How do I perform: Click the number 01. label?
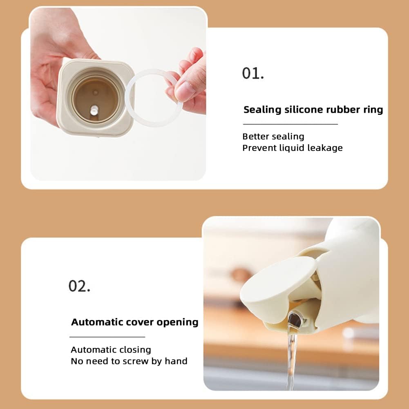tap(253, 73)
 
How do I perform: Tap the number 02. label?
tap(79, 286)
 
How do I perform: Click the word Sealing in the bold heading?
tap(262, 110)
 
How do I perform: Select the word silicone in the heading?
tap(304, 110)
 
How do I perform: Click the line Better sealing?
tap(273, 136)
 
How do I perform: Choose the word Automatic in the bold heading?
tap(98, 322)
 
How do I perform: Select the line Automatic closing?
tap(111, 350)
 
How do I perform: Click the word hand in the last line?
tap(176, 361)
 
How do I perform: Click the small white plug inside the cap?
tap(94, 110)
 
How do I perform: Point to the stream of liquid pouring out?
tap(292, 360)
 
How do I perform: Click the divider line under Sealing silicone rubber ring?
tap(291, 124)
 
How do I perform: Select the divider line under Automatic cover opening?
tap(107, 337)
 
